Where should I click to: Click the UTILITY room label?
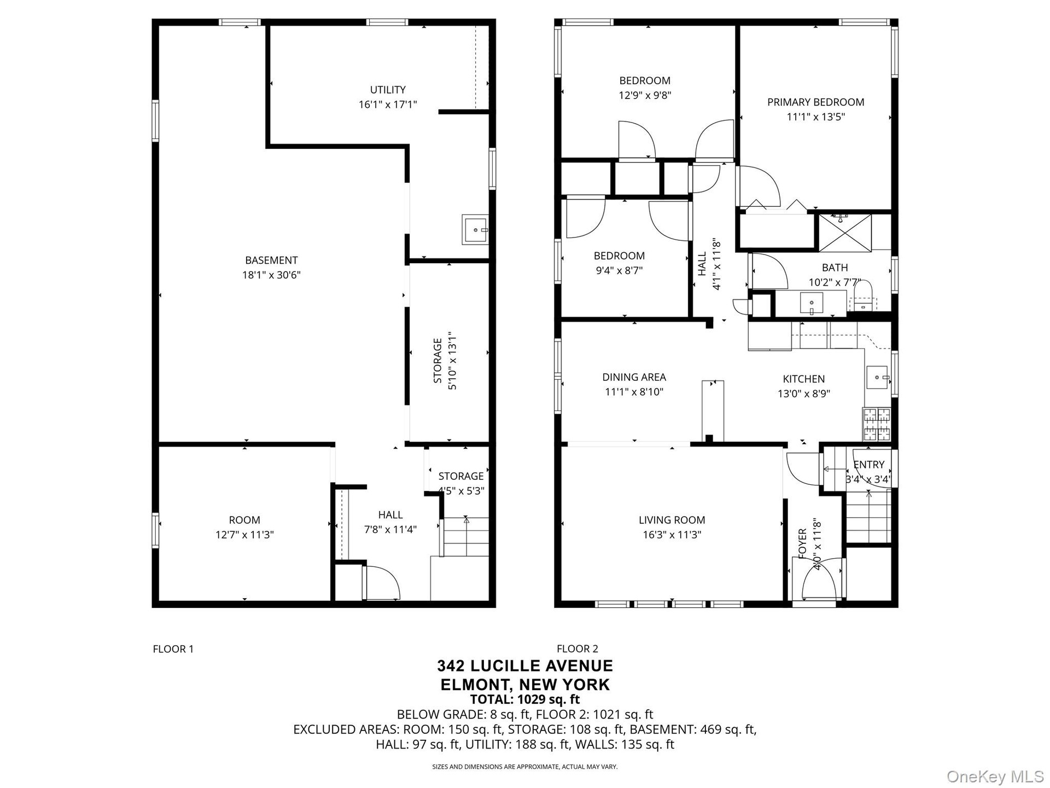point(388,90)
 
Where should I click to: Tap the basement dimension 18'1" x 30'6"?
point(271,275)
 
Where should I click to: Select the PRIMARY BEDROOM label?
point(815,102)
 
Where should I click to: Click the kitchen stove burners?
point(877,424)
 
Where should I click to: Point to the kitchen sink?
point(878,378)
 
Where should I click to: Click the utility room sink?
point(475,230)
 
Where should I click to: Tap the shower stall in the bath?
point(844,233)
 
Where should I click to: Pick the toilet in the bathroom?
point(865,296)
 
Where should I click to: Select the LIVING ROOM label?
point(672,520)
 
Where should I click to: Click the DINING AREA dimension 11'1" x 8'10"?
point(634,392)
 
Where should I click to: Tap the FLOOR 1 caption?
point(173,649)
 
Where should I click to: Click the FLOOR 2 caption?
point(577,649)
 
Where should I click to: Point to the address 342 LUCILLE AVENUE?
point(525,666)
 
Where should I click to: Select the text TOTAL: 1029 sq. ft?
point(525,699)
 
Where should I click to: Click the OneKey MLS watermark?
point(995,777)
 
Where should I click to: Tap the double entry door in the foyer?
point(819,580)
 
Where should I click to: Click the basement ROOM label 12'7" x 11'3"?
point(244,528)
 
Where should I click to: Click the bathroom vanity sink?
point(812,303)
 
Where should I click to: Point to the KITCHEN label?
point(803,379)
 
